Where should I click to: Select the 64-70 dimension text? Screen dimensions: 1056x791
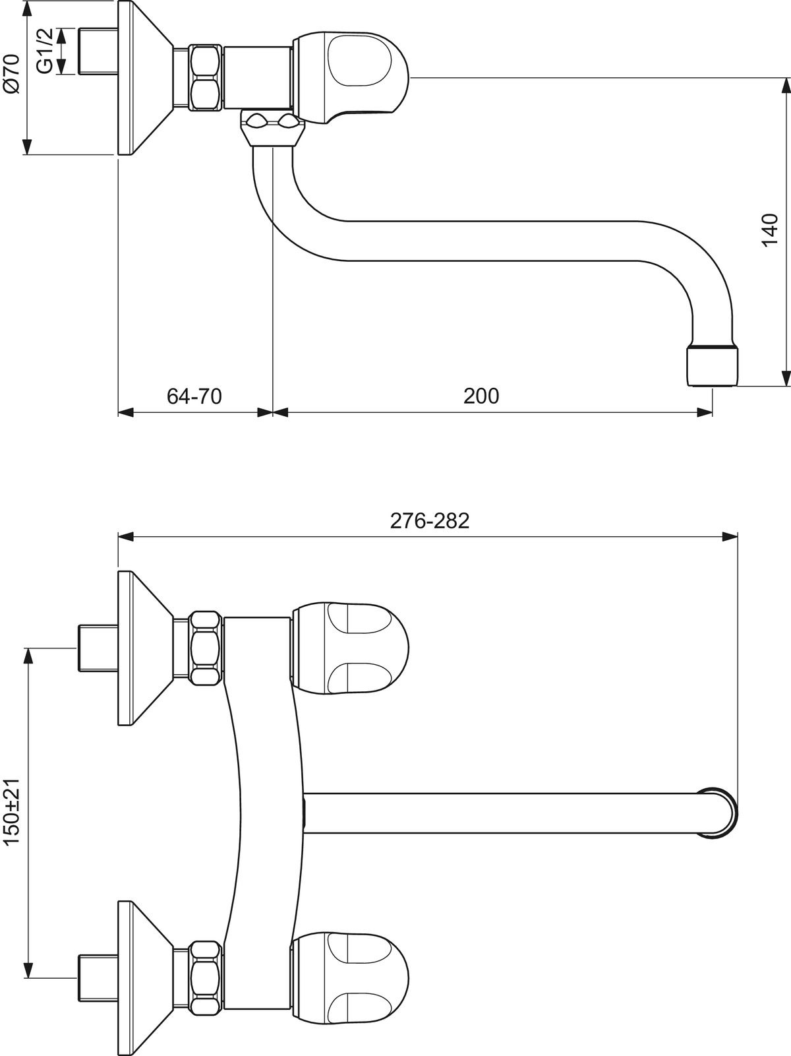click(x=194, y=396)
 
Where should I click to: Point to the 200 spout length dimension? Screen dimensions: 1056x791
click(x=481, y=396)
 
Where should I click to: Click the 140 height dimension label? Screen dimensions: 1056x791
click(x=770, y=230)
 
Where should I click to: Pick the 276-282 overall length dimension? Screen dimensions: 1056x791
click(x=430, y=520)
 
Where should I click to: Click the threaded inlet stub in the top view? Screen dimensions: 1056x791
click(x=98, y=51)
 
